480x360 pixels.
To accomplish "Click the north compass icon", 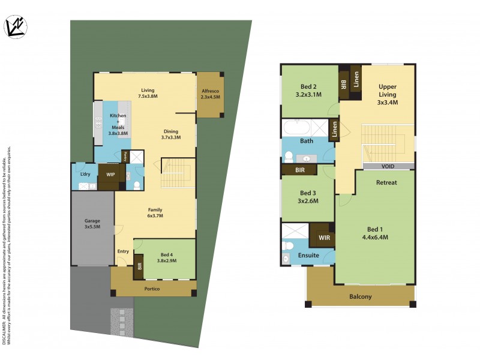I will (x=15, y=27).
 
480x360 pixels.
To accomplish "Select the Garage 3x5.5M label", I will (x=92, y=224).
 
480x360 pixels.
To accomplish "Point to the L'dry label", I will (x=85, y=174).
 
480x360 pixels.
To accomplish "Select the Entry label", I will (x=123, y=251).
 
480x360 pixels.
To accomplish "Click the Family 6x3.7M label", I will (x=155, y=212).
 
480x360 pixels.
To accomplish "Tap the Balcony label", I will (x=360, y=296).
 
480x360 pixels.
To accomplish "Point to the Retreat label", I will (x=386, y=182).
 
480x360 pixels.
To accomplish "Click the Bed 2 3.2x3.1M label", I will (x=308, y=91).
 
